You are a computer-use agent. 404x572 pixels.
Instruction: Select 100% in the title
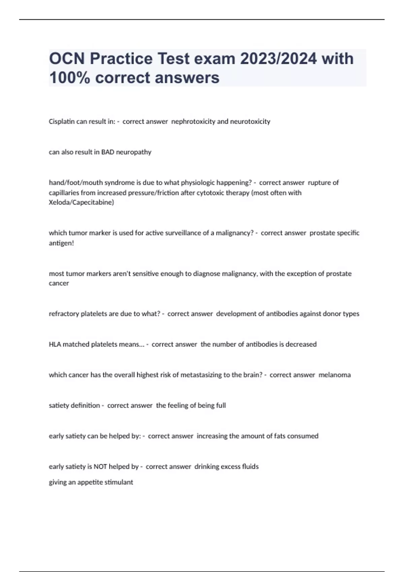pos(70,78)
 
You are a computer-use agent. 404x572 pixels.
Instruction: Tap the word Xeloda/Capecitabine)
pos(81,203)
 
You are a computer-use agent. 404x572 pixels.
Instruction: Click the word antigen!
pos(61,243)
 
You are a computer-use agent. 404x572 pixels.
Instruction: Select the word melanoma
pos(334,375)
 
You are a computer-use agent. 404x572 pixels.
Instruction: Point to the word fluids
pos(250,467)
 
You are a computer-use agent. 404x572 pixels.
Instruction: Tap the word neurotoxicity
pos(250,121)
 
